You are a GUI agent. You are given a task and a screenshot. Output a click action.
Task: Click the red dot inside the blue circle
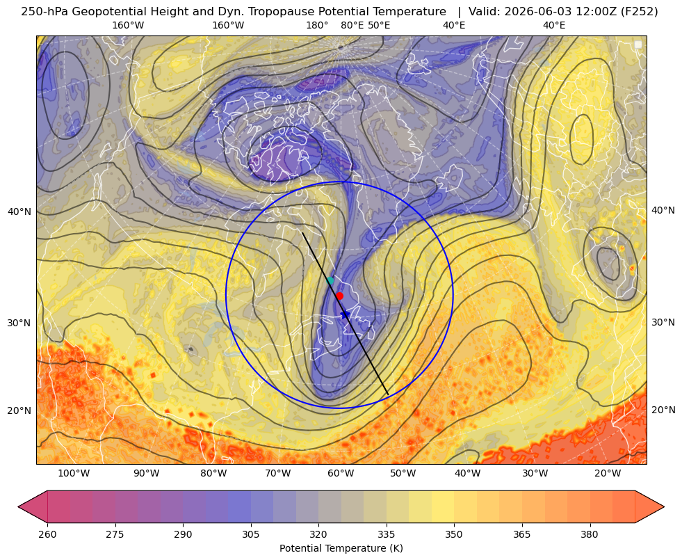[x=340, y=296]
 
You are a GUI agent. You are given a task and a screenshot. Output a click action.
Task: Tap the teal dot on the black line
[x=330, y=280]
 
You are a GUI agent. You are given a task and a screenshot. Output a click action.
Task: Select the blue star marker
[x=345, y=314]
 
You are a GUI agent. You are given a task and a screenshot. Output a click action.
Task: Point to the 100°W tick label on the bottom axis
[x=74, y=474]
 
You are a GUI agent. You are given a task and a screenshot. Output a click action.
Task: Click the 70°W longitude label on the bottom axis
[x=277, y=474]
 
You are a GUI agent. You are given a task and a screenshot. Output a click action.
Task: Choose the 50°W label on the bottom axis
[x=403, y=474]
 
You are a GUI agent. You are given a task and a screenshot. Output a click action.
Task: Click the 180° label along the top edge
[x=317, y=25]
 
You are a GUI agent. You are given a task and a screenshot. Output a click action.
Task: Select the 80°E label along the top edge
[x=352, y=25]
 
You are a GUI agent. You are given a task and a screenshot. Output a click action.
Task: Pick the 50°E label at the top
[x=379, y=25]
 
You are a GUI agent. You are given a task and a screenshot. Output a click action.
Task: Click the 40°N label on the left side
[x=19, y=211]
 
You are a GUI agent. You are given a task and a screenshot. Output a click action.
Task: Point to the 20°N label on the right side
[x=663, y=410]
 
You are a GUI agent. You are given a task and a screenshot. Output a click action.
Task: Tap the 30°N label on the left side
[x=19, y=323]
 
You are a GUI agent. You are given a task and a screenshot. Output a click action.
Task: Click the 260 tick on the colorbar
[x=47, y=534]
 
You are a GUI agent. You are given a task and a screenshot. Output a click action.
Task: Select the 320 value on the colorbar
[x=318, y=534]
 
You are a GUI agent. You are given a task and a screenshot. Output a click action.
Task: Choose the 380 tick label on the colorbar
[x=590, y=534]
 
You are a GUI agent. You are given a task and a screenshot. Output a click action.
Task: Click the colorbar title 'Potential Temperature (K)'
[x=341, y=548]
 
